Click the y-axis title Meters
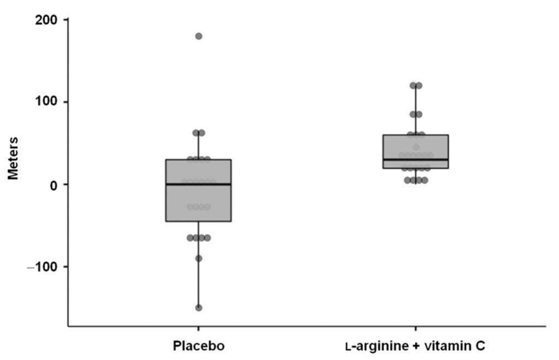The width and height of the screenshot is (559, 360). (13, 158)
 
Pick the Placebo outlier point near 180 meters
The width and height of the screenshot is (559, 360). (199, 36)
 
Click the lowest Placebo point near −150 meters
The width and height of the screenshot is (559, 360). (199, 308)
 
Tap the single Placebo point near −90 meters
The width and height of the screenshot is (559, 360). (199, 258)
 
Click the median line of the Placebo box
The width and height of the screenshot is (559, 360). (199, 184)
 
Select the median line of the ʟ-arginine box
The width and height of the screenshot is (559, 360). (415, 159)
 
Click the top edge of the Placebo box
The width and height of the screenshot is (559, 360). (199, 159)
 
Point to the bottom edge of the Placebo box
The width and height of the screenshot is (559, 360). (199, 221)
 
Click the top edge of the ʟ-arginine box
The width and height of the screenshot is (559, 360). (415, 135)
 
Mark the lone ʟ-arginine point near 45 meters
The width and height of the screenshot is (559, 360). (416, 147)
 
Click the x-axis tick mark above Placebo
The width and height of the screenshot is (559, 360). (198, 329)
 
